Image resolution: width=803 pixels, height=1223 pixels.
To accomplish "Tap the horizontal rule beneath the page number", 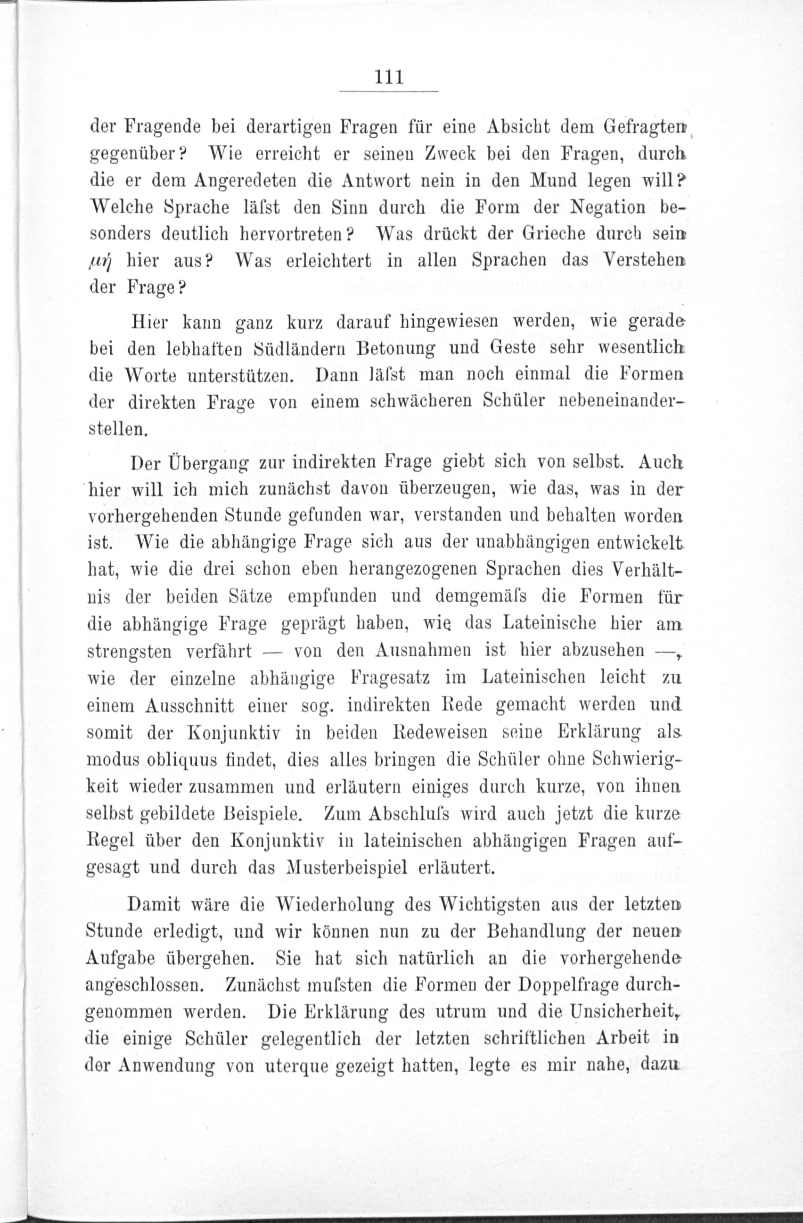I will coord(389,92).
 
